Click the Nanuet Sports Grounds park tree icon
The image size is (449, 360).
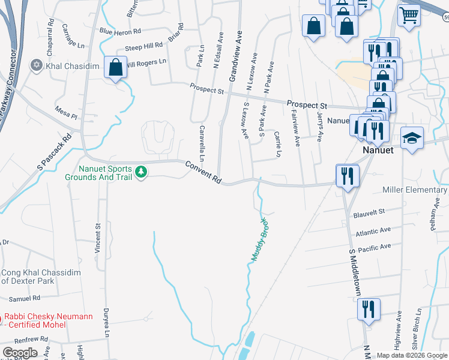141,173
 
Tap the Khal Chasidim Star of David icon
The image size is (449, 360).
36,64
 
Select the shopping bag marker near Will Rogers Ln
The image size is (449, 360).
114,67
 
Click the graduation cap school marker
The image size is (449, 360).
412,138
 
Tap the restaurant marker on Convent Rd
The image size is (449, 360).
347,176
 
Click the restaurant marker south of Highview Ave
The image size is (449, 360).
369,309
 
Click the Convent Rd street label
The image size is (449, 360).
203,172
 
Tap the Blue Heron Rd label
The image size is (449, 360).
120,31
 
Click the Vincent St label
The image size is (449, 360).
97,239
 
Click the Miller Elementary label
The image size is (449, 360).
415,190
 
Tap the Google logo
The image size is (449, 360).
20,353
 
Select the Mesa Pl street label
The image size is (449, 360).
66,112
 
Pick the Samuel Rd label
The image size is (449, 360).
25,298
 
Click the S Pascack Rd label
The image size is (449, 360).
54,150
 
